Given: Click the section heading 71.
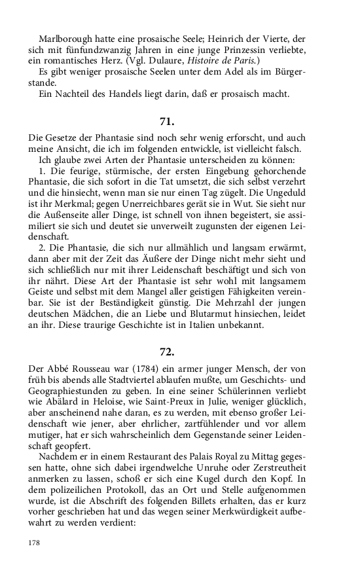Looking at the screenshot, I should coord(167,121).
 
